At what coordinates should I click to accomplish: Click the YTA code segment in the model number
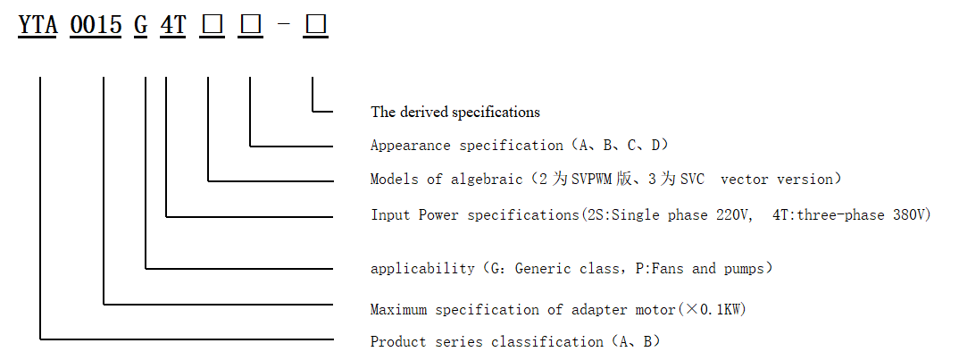[x=38, y=26]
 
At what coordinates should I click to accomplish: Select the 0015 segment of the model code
[x=96, y=26]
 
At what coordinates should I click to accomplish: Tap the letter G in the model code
[x=141, y=26]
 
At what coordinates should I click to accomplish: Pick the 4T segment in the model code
[x=172, y=26]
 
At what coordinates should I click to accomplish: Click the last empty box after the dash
[x=316, y=26]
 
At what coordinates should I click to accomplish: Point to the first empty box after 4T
[x=213, y=26]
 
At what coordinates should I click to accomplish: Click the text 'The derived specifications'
[x=455, y=113]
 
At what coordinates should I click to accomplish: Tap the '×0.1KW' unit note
[x=714, y=310]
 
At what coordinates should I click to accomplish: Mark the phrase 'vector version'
[x=776, y=179]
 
